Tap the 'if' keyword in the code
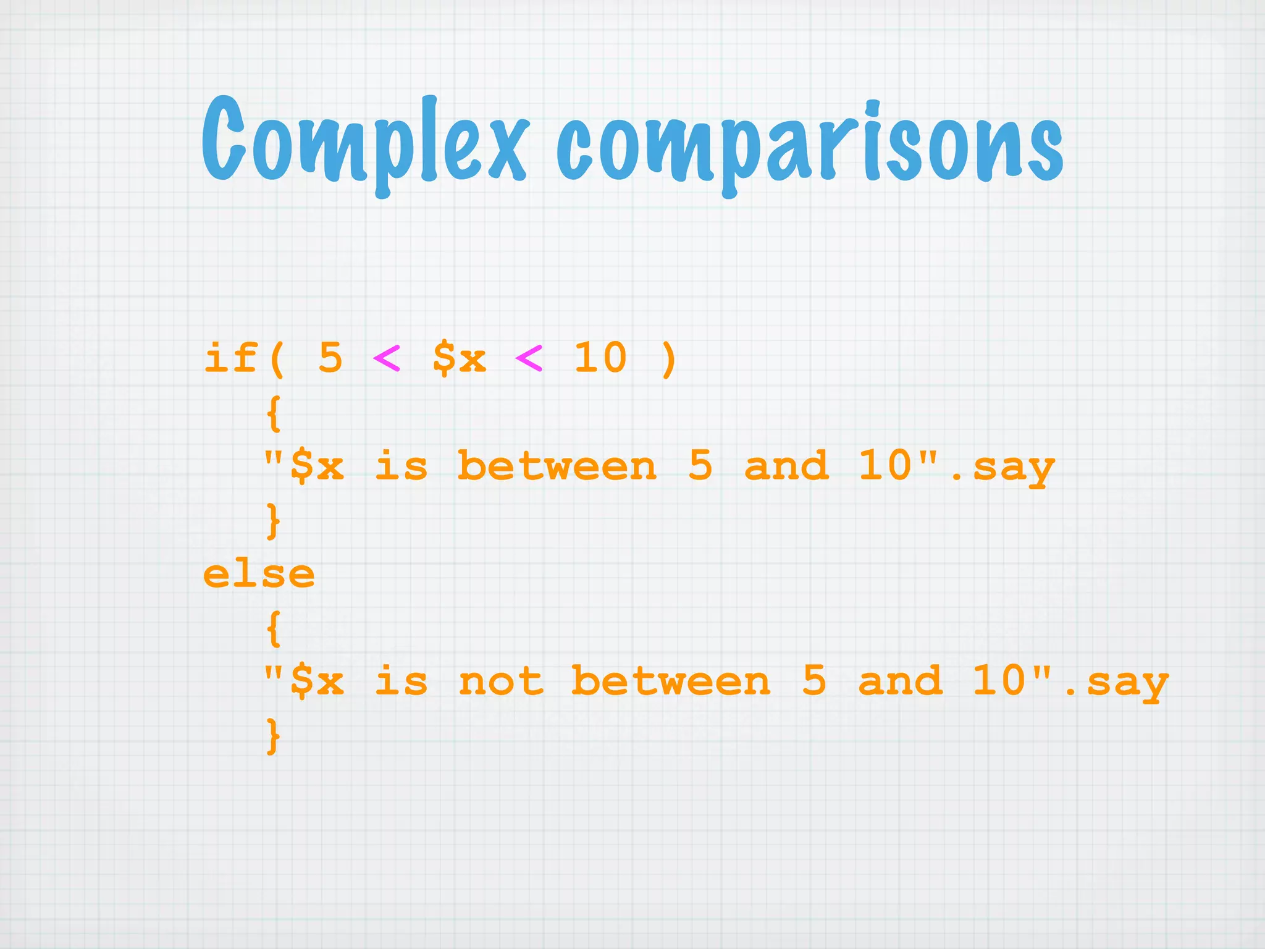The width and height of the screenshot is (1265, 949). (x=230, y=358)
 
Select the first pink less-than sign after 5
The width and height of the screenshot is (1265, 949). (x=387, y=358)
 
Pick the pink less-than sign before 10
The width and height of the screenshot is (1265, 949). (x=529, y=358)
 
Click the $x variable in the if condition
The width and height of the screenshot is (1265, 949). (x=459, y=358)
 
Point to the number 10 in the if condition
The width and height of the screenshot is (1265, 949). (x=600, y=358)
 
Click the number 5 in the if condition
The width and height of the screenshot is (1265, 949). (x=330, y=358)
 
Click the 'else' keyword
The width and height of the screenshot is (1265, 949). (x=259, y=575)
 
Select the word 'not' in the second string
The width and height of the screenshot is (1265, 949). (x=501, y=682)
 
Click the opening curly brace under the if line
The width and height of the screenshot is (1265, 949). (x=274, y=413)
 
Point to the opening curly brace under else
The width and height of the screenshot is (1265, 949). (x=274, y=629)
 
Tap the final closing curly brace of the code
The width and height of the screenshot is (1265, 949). (x=274, y=735)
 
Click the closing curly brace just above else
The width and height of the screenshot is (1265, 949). (x=274, y=520)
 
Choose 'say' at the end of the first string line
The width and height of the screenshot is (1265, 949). (x=1014, y=468)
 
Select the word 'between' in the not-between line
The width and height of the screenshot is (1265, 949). (x=671, y=682)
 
